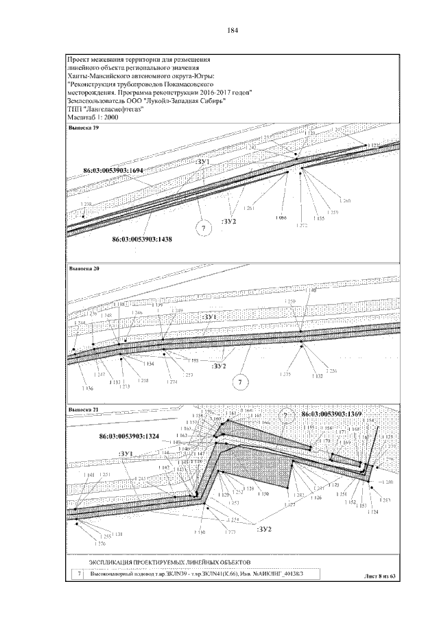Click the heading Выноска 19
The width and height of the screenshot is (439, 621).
pos(82,128)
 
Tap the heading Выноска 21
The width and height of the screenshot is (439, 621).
pos(82,410)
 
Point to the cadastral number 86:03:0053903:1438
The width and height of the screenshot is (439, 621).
pos(142,239)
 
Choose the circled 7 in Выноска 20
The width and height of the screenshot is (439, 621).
pos(239,382)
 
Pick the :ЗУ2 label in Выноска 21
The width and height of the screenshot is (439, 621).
pos(264,530)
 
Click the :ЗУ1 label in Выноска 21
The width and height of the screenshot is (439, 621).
pos(126,454)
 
